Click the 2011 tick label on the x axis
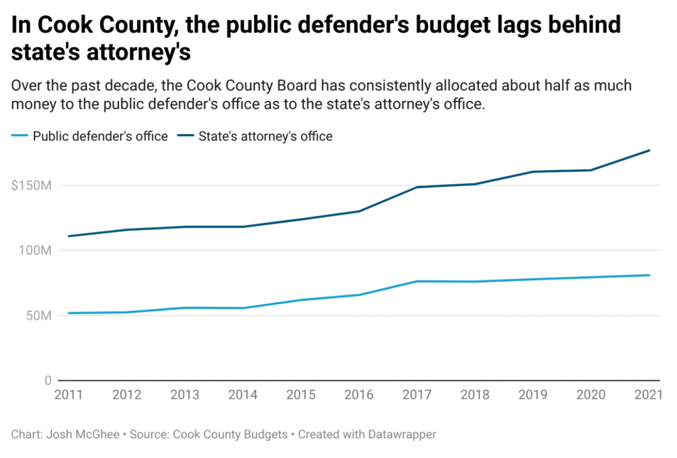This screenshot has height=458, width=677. pos(69,395)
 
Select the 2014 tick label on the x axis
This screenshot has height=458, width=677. pos(243,395)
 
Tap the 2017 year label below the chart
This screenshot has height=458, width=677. pos(417,395)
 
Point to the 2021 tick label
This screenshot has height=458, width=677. pos(648,395)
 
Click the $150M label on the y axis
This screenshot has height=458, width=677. pos(31,185)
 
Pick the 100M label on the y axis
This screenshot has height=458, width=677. pos(35,250)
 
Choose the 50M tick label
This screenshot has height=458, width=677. pos(39,316)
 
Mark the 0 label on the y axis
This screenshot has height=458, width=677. pos(48,380)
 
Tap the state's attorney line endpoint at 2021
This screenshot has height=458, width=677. pos(649,150)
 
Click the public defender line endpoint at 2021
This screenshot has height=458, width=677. pos(649,275)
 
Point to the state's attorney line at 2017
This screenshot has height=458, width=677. pos(417,187)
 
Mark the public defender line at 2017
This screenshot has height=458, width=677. pos(417,281)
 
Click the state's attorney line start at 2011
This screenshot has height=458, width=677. pos(69,236)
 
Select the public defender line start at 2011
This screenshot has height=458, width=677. pos(69,313)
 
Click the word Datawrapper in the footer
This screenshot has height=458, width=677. pos(402,434)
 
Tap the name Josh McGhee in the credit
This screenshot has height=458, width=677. pos(83,434)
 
